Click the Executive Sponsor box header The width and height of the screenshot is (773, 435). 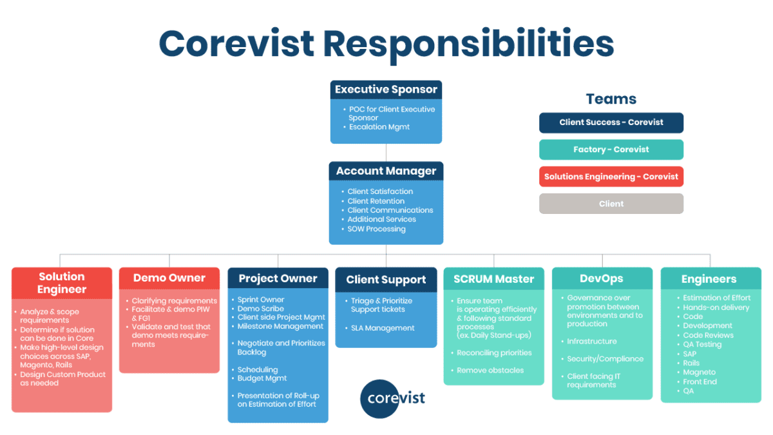386,90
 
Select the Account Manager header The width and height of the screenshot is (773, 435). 386,171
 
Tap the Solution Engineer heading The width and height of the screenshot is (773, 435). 62,283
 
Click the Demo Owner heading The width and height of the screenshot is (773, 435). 169,278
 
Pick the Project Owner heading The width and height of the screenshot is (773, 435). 278,278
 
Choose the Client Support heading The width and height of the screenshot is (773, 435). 386,280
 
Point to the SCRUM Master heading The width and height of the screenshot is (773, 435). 493,279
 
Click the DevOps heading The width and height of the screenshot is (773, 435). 602,278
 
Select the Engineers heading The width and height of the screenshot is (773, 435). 709,279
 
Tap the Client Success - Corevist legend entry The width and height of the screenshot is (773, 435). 611,122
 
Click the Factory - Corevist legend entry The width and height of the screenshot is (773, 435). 611,150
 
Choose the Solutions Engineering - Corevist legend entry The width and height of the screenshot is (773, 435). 611,177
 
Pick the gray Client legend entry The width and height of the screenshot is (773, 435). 611,204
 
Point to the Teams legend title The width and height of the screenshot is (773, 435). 611,99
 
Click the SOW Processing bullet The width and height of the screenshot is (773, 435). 376,229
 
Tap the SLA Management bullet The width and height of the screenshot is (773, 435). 383,328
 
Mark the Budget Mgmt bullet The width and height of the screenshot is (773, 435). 262,378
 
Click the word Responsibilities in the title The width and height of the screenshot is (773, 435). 468,43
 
